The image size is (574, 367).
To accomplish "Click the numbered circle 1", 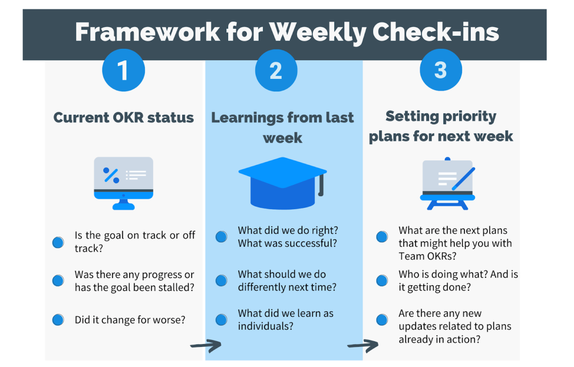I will [x=123, y=70].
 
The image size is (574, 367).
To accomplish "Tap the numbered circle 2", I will [x=276, y=70].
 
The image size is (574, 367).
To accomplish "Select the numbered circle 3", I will [x=441, y=70].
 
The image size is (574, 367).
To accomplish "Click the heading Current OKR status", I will [x=123, y=118].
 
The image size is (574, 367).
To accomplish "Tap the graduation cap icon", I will [x=282, y=182].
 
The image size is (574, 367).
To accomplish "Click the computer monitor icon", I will [x=123, y=182].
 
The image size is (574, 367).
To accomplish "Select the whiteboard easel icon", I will [x=447, y=184].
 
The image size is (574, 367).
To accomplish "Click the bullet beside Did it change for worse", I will [x=58, y=320].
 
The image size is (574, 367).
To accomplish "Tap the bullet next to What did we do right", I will [x=221, y=236].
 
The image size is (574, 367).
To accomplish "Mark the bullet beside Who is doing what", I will [x=382, y=280].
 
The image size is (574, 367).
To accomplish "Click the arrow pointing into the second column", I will [x=206, y=345].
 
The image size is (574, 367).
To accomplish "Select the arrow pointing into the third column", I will [x=362, y=345].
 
